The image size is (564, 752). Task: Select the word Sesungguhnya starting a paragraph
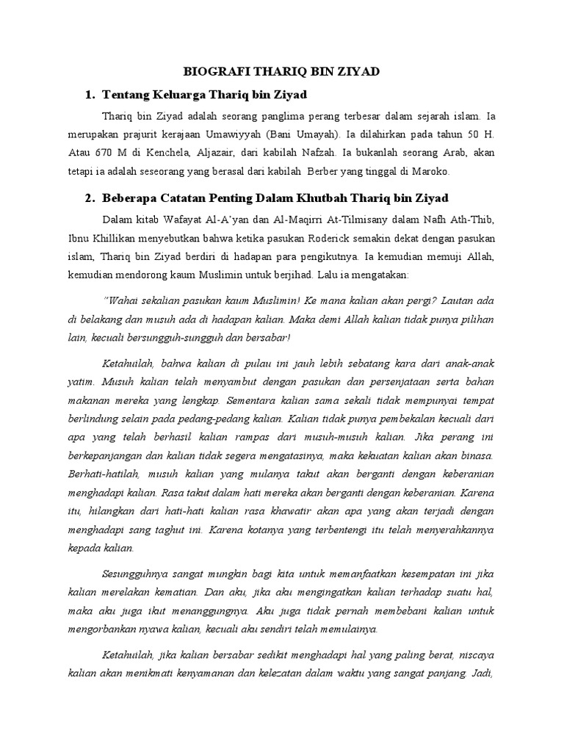click(142, 574)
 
